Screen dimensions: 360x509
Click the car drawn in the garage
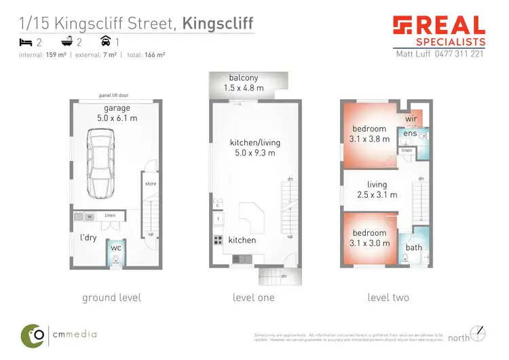(x=100, y=163)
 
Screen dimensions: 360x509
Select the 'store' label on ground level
(x=151, y=183)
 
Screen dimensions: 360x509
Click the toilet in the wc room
(x=115, y=258)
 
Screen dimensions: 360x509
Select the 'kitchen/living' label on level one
(x=254, y=143)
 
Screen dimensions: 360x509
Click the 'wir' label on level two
(x=410, y=120)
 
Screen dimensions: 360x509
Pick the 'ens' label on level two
(x=409, y=134)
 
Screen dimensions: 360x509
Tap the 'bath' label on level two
(x=413, y=247)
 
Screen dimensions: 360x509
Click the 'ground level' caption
(x=111, y=298)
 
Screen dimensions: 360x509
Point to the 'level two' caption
(x=388, y=298)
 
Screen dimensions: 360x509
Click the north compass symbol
(x=479, y=333)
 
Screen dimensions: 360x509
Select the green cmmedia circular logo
(x=31, y=334)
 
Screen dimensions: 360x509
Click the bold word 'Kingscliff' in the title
(x=218, y=24)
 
